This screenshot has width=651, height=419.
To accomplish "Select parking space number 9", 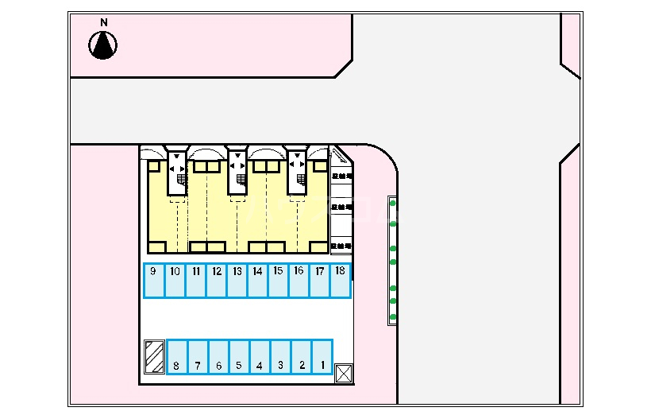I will point(154,281).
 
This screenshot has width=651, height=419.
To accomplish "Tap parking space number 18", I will point(341,281).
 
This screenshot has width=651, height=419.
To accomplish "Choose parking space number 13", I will point(237,281).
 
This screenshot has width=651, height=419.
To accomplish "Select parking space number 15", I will point(279,281).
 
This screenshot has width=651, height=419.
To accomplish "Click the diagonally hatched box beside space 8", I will point(154,357).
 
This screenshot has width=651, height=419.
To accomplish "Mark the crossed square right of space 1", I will point(343,373).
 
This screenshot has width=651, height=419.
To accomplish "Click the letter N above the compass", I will point(103,22).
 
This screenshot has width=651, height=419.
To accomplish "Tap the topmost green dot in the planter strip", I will point(393,204).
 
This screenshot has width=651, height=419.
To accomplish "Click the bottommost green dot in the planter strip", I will point(393,317).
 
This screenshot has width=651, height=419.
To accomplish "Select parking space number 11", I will point(195,281).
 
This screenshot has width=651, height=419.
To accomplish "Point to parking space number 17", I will point(320,281).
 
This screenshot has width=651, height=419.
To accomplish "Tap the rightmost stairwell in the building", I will point(297,171).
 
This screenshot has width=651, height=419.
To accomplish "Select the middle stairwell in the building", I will point(237,171).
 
